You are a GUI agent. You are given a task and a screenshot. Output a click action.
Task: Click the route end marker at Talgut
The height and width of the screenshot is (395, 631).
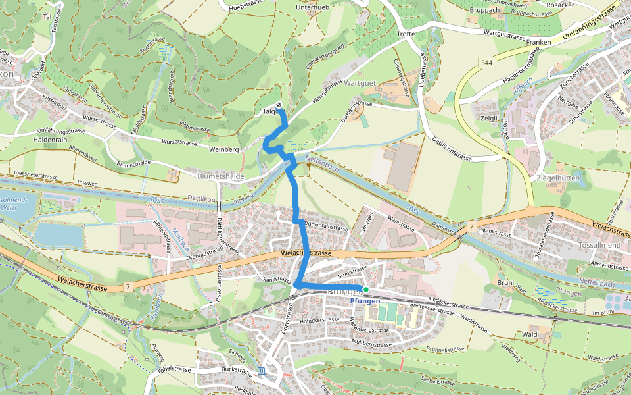point(279,105)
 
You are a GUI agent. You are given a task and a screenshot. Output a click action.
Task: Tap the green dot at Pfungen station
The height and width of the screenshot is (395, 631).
point(366,289)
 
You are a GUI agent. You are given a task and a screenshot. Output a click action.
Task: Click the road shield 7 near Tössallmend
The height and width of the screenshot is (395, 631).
point(472,226)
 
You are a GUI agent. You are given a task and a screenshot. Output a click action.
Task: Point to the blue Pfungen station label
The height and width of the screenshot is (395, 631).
point(365,301)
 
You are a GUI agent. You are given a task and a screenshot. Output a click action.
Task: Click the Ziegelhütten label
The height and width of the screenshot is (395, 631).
point(538,178)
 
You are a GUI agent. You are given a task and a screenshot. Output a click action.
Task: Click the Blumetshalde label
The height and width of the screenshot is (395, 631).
point(220,176)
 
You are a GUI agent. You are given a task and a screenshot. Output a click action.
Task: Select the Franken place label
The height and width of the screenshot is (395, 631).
point(538,42)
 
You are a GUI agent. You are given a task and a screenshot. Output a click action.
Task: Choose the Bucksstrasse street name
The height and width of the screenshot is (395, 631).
point(237,371)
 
